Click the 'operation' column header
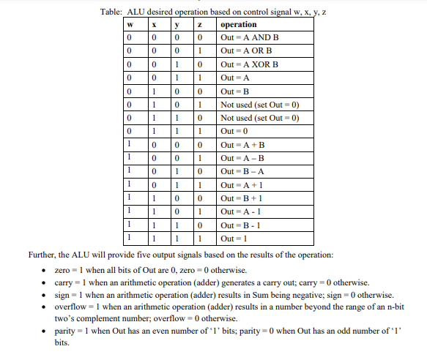239,25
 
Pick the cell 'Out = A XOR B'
250,64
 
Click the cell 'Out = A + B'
242,146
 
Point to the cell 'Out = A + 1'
241,186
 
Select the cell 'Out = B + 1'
241,199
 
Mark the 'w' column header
130,25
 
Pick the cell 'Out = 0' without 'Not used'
235,132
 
